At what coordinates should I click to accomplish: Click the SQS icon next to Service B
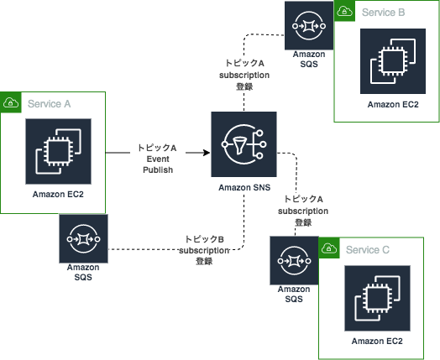pyautogui.click(x=309, y=25)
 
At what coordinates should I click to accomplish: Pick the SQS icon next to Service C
pyautogui.click(x=294, y=263)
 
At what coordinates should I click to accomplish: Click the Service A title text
pyautogui.click(x=49, y=103)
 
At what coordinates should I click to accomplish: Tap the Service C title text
pyautogui.click(x=368, y=250)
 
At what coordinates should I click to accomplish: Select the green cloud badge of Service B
pyautogui.click(x=344, y=12)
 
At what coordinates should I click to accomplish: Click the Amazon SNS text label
pyautogui.click(x=244, y=189)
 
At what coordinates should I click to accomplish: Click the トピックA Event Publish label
pyautogui.click(x=157, y=158)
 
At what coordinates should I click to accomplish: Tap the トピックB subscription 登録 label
pyautogui.click(x=204, y=250)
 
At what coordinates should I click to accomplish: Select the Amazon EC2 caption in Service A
pyautogui.click(x=59, y=194)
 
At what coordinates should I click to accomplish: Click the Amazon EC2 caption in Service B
pyautogui.click(x=392, y=104)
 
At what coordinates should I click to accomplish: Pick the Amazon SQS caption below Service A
pyautogui.click(x=83, y=272)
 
